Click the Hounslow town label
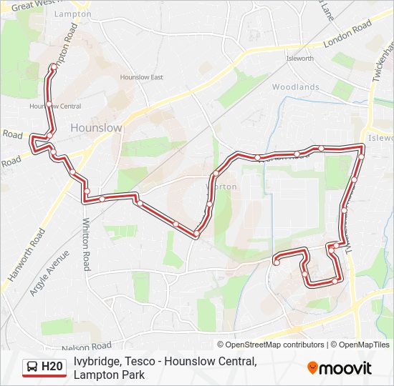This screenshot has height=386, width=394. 96,127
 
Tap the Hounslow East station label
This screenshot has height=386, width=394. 141,77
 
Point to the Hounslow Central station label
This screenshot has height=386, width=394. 55,107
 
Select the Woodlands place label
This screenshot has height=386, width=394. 295,87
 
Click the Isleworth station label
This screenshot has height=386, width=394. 299,59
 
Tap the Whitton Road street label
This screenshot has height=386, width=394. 86,244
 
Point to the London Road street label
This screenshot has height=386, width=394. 347,34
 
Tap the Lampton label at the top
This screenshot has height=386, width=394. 74,14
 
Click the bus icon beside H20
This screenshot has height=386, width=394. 32,367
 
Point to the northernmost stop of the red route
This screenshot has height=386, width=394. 53,66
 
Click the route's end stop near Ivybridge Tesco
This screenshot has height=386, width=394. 276,263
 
